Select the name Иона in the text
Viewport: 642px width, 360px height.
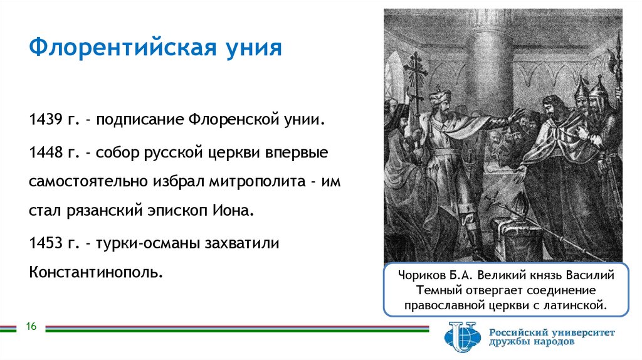236,211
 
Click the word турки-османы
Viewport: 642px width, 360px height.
145,243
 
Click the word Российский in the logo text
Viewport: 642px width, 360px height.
522,332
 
